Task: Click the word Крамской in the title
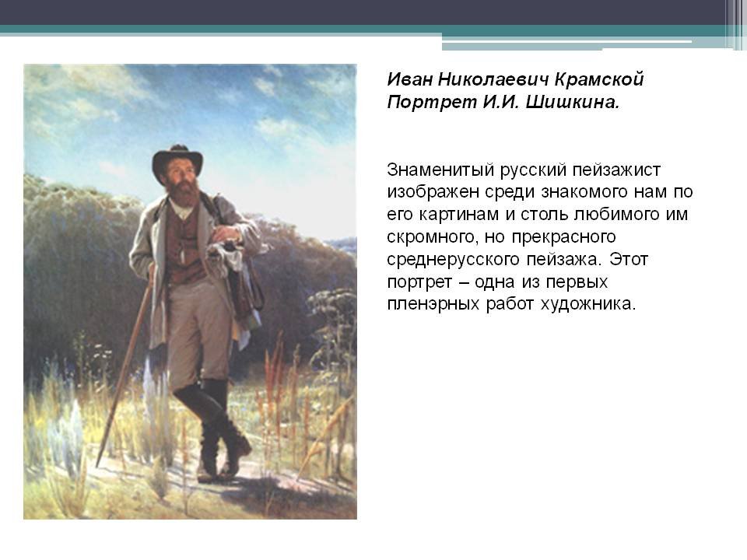[x=599, y=79]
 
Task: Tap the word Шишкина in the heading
[x=572, y=102]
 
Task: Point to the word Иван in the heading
[x=409, y=79]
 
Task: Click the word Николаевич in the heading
[x=493, y=79]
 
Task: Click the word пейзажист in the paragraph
[x=616, y=170]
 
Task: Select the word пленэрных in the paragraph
[x=433, y=303]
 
